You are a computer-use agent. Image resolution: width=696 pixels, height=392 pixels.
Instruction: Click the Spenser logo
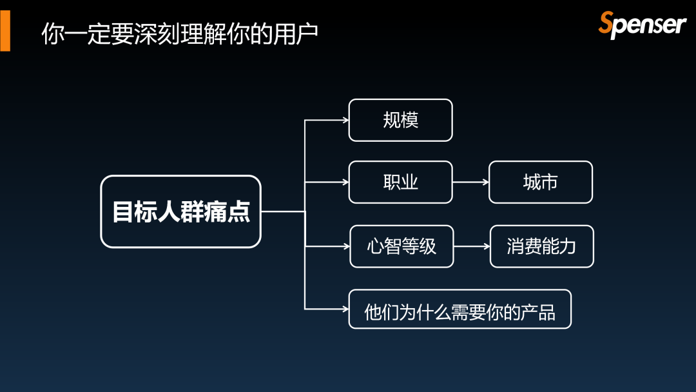click(642, 24)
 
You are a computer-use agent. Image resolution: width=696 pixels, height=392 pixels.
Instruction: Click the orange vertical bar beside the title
click(5, 30)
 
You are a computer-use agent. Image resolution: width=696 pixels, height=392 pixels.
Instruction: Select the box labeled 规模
click(400, 120)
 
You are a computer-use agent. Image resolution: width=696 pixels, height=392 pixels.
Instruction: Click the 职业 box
click(400, 182)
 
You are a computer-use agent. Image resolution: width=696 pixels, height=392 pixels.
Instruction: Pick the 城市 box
click(540, 182)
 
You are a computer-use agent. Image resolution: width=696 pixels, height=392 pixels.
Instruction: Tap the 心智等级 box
click(401, 246)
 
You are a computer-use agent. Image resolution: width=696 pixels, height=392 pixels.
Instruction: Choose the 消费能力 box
click(541, 246)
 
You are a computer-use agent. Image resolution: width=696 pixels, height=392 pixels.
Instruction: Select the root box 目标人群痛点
click(180, 211)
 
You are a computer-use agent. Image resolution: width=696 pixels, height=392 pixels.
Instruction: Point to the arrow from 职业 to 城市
click(470, 182)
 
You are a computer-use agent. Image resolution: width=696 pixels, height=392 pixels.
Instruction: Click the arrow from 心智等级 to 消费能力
click(472, 246)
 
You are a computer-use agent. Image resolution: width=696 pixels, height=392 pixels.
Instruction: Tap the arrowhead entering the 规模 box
click(345, 120)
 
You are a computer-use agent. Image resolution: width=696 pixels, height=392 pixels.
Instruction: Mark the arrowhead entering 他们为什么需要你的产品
click(345, 309)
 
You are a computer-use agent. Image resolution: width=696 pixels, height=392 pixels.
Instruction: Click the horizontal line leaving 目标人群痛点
click(282, 211)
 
